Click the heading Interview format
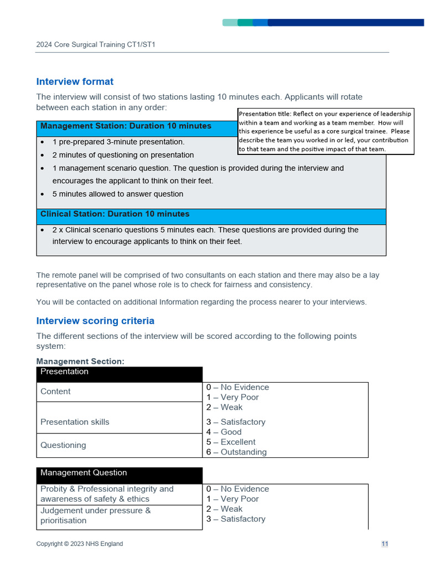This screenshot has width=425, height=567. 75,82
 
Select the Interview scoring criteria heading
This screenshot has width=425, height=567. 95,321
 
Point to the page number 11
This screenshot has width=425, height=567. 385,544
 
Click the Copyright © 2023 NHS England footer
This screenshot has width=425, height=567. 80,544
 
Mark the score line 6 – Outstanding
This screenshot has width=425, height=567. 236,452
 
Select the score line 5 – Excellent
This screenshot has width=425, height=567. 231,442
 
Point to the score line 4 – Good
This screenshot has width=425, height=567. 224,432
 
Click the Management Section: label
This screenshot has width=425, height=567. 80,362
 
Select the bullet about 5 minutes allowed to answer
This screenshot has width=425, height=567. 117,194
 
